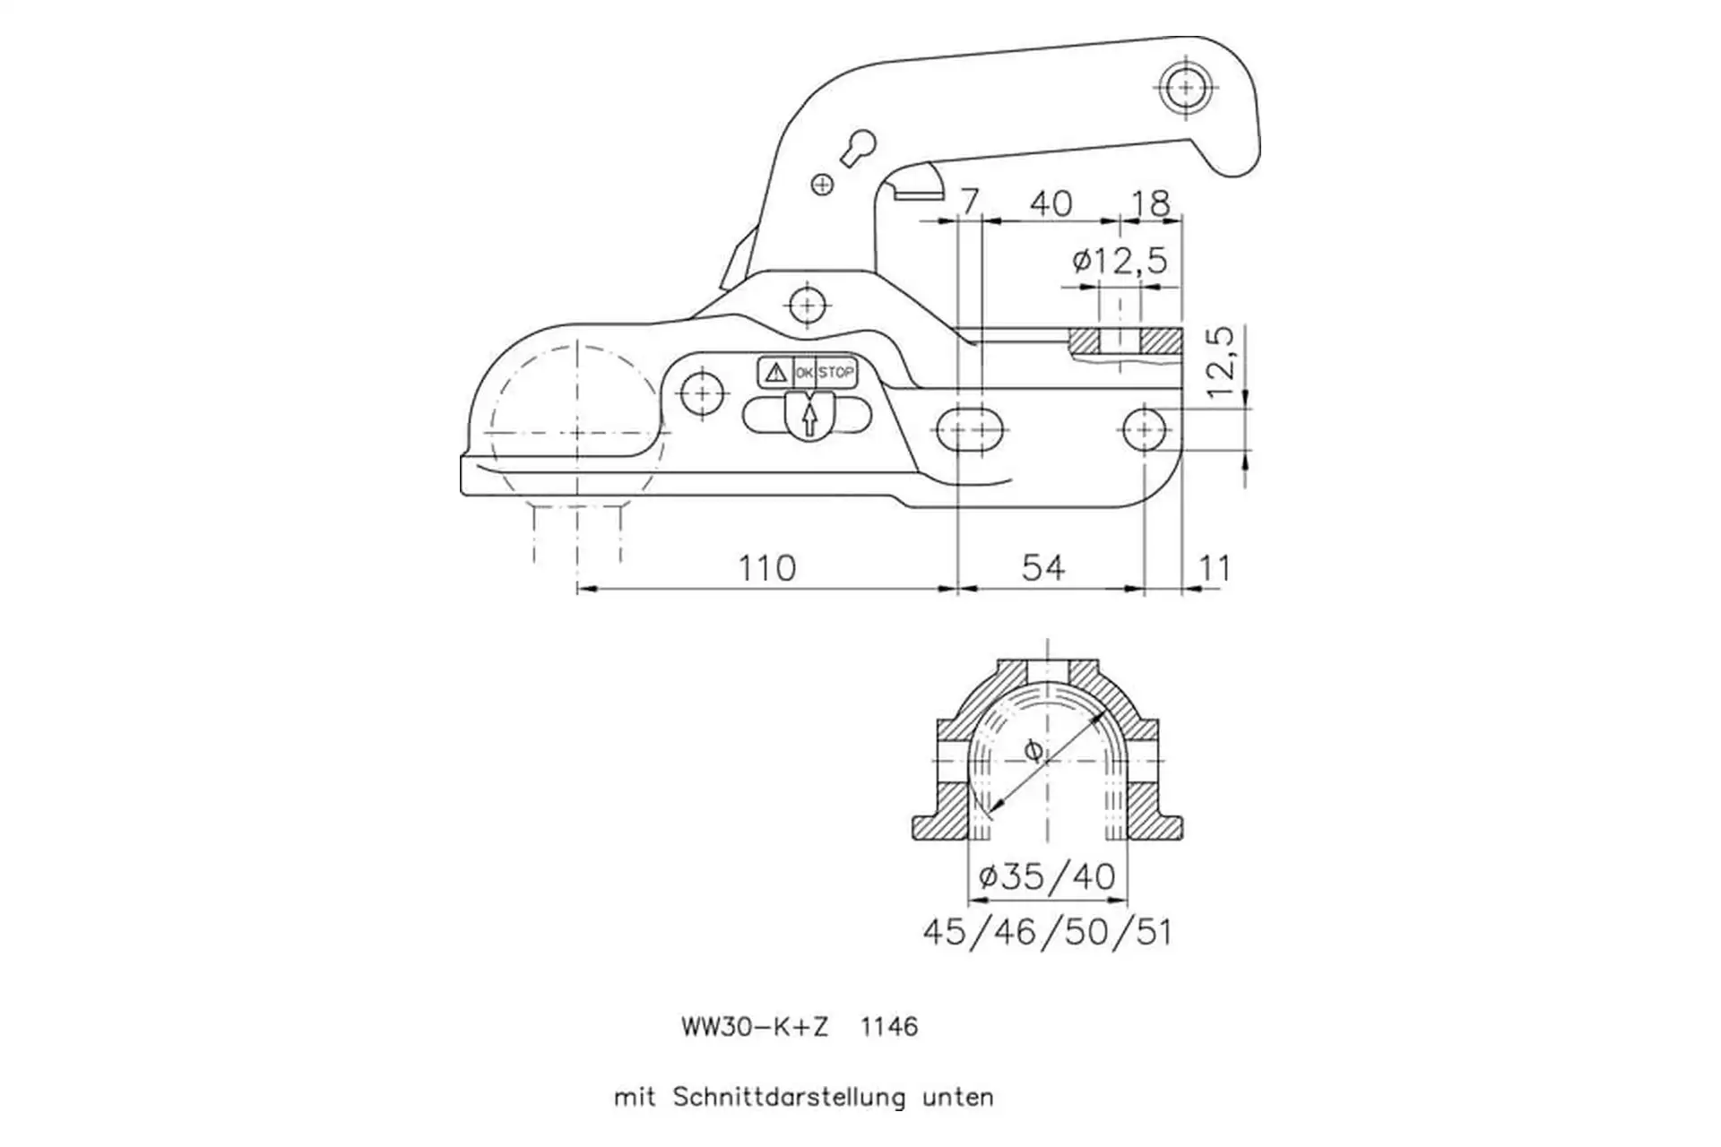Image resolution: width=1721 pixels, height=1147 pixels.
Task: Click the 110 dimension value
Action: click(766, 568)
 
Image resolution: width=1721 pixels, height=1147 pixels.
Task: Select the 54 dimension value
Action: click(1043, 568)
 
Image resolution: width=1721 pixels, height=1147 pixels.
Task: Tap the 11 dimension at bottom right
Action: click(1215, 568)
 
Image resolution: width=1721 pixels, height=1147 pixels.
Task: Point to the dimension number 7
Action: click(969, 203)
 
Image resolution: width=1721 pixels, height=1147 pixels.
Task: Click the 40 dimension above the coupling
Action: click(1051, 203)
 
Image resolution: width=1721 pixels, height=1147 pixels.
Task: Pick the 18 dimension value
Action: click(1151, 203)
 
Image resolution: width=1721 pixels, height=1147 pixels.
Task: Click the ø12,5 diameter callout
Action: click(1120, 261)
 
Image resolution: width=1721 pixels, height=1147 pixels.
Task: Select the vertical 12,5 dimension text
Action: click(1220, 363)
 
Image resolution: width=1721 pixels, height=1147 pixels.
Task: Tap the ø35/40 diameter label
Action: click(1047, 875)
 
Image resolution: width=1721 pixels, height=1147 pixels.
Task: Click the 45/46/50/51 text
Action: click(1047, 932)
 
